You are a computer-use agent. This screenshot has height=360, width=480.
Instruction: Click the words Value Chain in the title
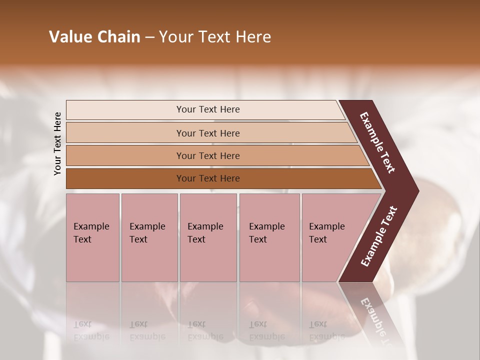[x=94, y=36]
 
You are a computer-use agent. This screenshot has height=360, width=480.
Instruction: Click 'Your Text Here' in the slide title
[x=215, y=36]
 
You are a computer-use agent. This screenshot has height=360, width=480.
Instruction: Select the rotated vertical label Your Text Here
[x=57, y=143]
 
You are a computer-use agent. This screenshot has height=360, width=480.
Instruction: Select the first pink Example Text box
[x=92, y=237]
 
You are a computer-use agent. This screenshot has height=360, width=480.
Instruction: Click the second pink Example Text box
[x=149, y=237]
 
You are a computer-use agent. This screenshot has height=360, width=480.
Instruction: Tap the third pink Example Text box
[x=208, y=237]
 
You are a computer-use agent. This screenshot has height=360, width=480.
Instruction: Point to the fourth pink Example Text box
[x=269, y=237]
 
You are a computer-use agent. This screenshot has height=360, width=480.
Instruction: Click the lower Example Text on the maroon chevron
[x=378, y=236]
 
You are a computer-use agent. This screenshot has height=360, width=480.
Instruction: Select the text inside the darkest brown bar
[x=208, y=178]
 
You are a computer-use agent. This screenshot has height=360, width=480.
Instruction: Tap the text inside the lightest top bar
[x=208, y=109]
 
